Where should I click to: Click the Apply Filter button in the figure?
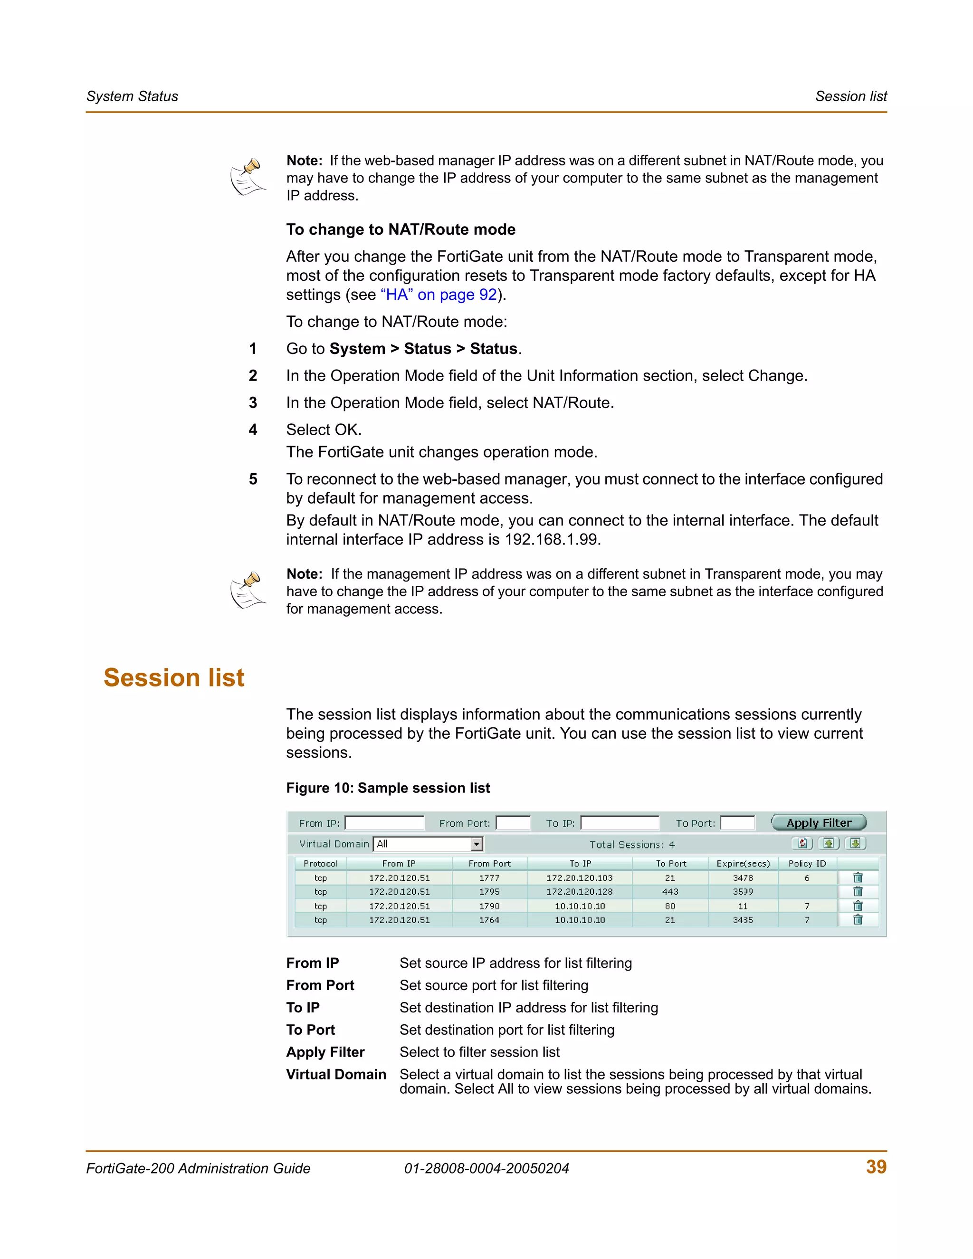click(819, 822)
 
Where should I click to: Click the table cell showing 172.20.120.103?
click(579, 878)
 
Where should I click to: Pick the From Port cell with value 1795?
click(489, 892)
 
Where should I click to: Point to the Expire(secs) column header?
click(743, 864)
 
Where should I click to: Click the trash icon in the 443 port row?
click(858, 892)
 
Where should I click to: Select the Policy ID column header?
click(807, 864)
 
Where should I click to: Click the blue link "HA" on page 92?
click(439, 295)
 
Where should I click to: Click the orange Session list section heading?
click(173, 677)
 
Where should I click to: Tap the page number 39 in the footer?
click(876, 1167)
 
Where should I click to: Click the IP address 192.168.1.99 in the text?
click(552, 540)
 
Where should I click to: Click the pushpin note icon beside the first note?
click(248, 177)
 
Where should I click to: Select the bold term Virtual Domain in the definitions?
click(336, 1075)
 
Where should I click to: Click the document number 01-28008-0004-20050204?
click(486, 1169)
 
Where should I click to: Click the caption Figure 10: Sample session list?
click(388, 788)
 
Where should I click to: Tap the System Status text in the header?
click(132, 96)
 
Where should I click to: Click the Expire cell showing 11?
click(743, 906)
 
